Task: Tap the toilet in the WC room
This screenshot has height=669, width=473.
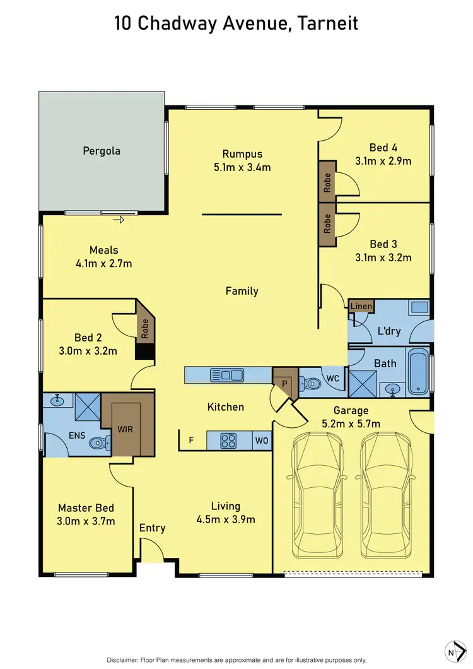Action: pyautogui.click(x=309, y=382)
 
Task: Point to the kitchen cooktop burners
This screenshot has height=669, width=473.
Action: pyautogui.click(x=228, y=441)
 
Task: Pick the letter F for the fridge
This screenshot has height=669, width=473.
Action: pyautogui.click(x=191, y=441)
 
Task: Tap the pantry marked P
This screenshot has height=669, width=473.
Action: pyautogui.click(x=284, y=383)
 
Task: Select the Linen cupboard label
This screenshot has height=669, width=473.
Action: pyautogui.click(x=361, y=306)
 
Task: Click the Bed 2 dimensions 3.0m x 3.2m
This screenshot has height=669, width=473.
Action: pyautogui.click(x=89, y=351)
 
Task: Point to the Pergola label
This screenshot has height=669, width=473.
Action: pyautogui.click(x=102, y=151)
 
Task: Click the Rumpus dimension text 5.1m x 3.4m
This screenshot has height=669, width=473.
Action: pyautogui.click(x=242, y=167)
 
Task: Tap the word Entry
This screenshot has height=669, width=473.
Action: pyautogui.click(x=152, y=528)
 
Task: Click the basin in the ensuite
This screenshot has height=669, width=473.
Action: pyautogui.click(x=57, y=400)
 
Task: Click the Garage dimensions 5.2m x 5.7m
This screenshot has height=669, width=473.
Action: pyautogui.click(x=351, y=424)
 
